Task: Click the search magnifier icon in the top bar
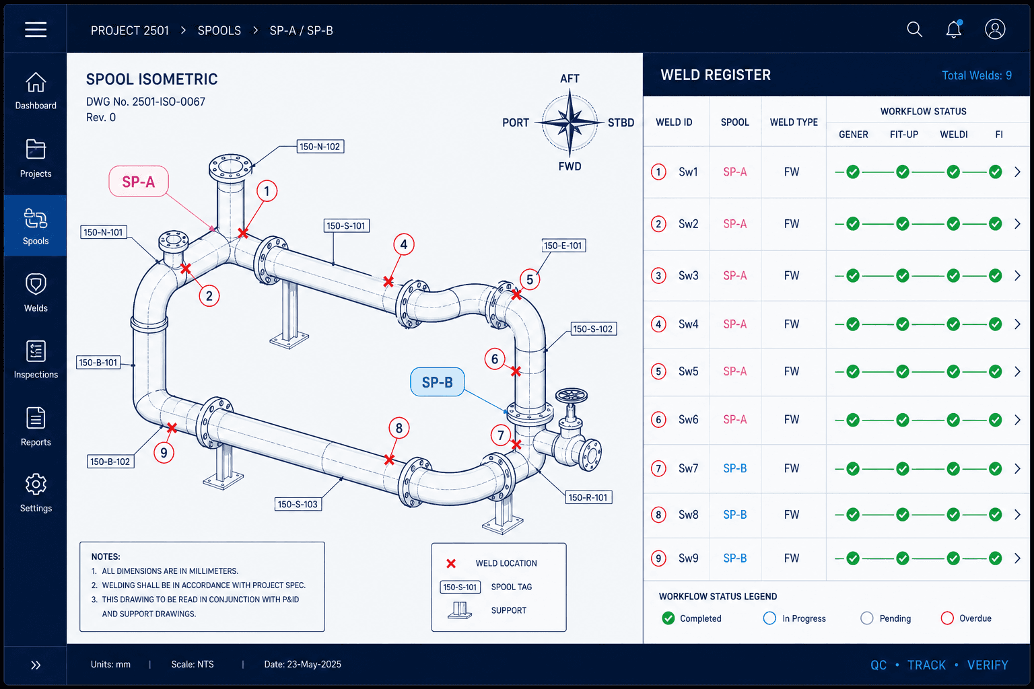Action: coord(914,30)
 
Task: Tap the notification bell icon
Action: coord(954,30)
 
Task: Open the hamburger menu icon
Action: coord(36,30)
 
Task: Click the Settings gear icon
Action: coord(36,484)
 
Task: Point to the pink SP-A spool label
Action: coord(139,182)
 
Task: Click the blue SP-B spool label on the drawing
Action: coord(437,382)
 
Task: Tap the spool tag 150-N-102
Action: coord(320,147)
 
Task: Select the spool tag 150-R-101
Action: coord(588,497)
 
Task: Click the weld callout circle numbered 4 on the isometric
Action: coord(403,244)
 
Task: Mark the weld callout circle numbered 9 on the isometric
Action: coord(164,453)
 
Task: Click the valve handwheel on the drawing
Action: coord(572,395)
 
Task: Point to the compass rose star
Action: coord(570,122)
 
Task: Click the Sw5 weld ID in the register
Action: coord(688,371)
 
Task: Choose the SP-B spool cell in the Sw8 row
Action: coord(735,515)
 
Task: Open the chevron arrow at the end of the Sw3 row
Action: coord(1017,275)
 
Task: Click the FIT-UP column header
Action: coord(904,135)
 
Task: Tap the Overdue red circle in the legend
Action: coord(947,618)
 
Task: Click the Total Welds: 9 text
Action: coord(977,75)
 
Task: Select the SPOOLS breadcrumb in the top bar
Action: coord(219,30)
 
